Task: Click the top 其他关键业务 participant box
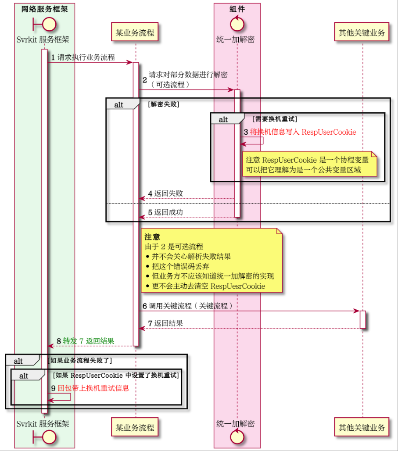click(362, 32)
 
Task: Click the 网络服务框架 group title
click(45, 9)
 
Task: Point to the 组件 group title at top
click(237, 9)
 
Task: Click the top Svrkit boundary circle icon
click(45, 24)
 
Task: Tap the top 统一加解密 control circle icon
click(237, 23)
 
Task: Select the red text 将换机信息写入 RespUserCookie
click(303, 132)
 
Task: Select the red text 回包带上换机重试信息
click(93, 388)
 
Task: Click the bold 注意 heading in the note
click(152, 237)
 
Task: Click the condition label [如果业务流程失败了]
click(80, 361)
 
